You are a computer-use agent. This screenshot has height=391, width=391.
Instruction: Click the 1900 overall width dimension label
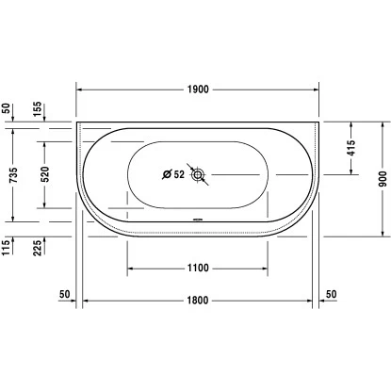click(x=198, y=89)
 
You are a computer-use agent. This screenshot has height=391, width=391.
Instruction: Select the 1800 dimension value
click(x=198, y=301)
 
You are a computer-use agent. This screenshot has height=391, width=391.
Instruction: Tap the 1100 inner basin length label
click(x=198, y=268)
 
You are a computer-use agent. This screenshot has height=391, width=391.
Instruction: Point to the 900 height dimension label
click(x=383, y=180)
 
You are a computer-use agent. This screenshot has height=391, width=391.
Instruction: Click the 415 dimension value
click(x=350, y=148)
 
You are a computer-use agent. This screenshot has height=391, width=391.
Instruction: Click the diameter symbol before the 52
click(x=167, y=174)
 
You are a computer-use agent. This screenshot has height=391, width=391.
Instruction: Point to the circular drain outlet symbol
click(x=198, y=174)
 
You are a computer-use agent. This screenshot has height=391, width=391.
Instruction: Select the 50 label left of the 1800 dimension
click(x=65, y=294)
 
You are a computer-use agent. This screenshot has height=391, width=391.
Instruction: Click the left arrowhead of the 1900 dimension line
click(x=80, y=89)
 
